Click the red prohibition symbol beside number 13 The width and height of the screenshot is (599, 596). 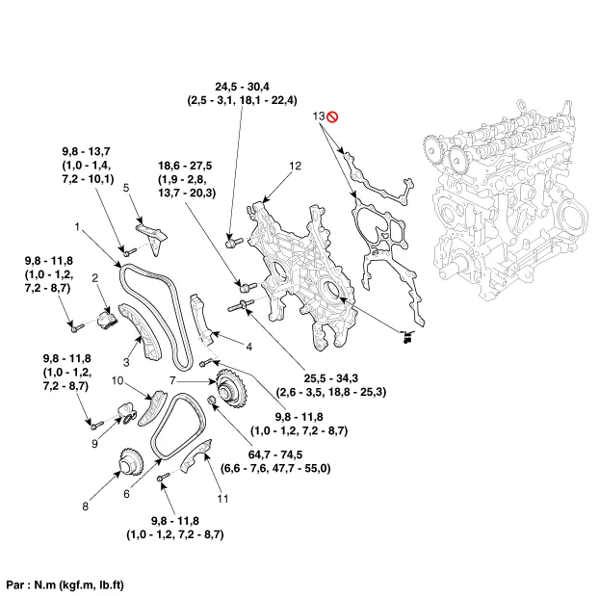(332, 117)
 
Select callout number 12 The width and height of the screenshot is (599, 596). (296, 166)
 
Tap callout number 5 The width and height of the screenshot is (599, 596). (126, 188)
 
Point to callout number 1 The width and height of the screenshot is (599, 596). (77, 227)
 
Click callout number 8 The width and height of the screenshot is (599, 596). (85, 506)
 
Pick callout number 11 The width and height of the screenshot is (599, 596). (222, 499)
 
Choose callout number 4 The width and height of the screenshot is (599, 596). (249, 347)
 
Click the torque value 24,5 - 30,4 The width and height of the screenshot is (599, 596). (242, 87)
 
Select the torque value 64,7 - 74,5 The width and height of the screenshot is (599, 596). (275, 454)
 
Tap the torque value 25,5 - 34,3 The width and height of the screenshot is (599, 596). (331, 378)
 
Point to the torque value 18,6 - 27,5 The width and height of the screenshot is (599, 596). (185, 166)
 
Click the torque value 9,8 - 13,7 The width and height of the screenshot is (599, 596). (86, 151)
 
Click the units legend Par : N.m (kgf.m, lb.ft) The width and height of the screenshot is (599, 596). (65, 584)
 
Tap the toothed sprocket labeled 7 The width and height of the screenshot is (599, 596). (232, 390)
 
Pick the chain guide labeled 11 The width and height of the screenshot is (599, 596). (197, 455)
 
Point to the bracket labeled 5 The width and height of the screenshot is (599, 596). (152, 237)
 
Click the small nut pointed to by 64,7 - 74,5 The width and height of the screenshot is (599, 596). (211, 401)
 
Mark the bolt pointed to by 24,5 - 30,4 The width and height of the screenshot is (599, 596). (234, 243)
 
